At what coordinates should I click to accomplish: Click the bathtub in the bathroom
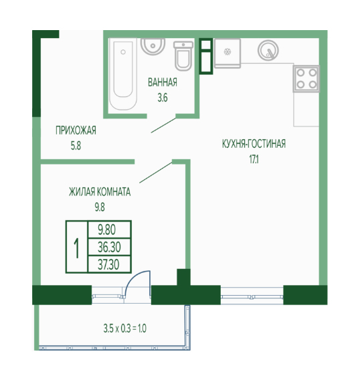(123, 74)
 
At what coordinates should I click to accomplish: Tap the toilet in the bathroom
(183, 56)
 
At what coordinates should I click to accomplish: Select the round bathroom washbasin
(153, 46)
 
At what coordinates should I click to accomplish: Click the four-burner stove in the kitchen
(306, 78)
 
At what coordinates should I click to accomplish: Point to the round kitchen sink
(268, 50)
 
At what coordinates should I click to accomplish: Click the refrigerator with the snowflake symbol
(228, 54)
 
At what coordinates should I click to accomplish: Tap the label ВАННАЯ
(163, 82)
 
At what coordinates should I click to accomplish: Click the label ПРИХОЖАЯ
(76, 130)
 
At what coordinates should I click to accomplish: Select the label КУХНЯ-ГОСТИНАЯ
(254, 144)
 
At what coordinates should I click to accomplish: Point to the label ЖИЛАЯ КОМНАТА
(100, 192)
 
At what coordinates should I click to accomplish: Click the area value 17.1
(254, 160)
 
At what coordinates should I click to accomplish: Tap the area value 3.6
(163, 98)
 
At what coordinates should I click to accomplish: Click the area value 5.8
(76, 146)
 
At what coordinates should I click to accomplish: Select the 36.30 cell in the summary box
(109, 247)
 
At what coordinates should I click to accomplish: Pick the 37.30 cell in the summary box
(109, 264)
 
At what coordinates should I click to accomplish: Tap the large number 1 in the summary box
(76, 248)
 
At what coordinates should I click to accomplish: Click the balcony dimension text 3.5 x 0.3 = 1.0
(124, 329)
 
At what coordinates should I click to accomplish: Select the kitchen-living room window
(252, 296)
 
